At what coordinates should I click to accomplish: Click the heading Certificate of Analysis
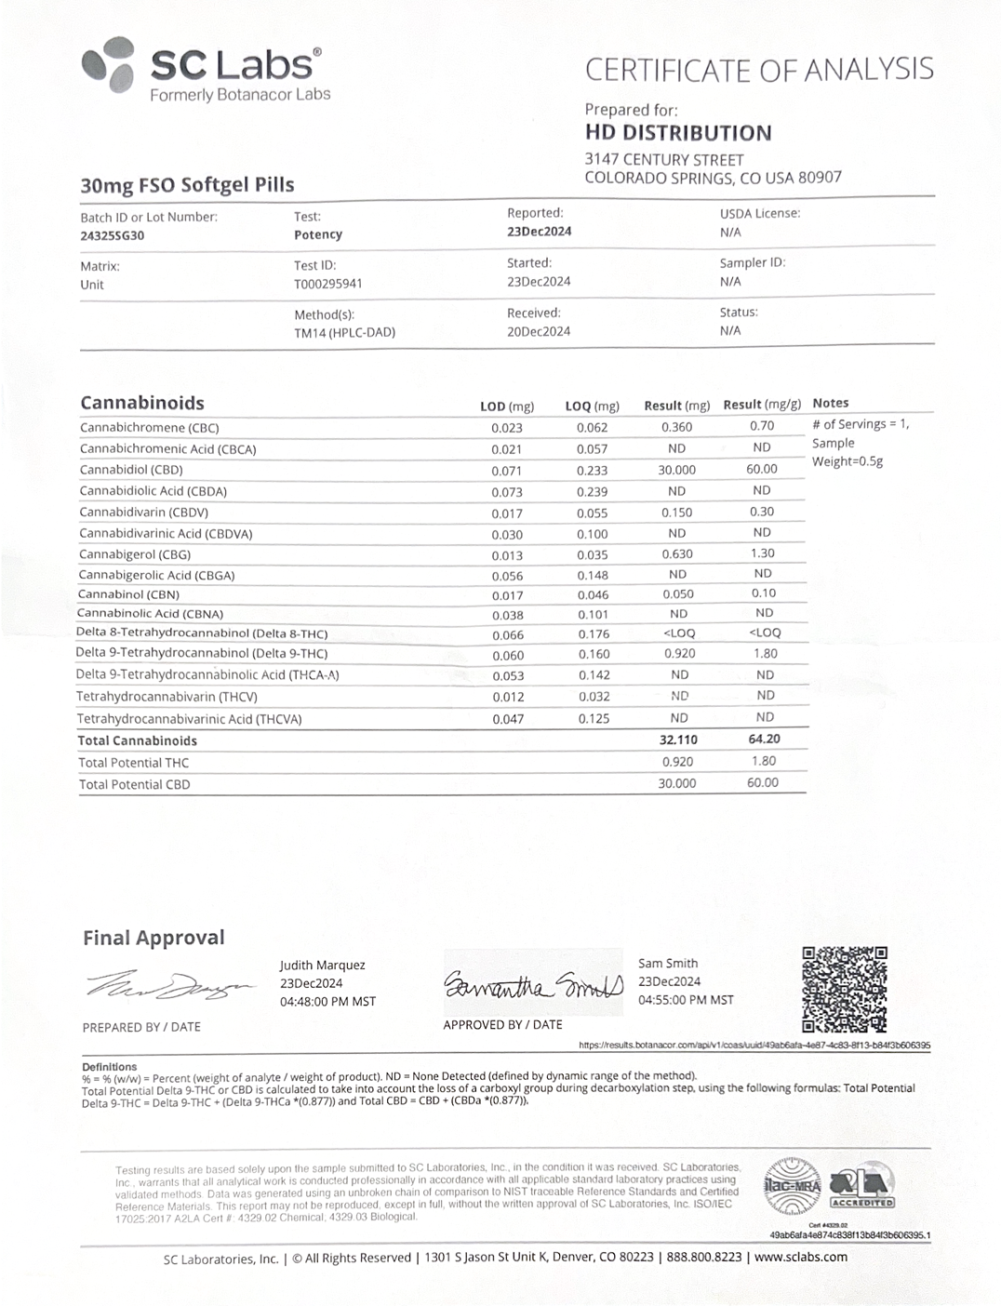click(x=758, y=70)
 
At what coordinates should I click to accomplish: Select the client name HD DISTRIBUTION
click(x=678, y=133)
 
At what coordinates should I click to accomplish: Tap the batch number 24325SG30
click(x=112, y=235)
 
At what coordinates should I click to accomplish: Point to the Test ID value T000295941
click(x=327, y=284)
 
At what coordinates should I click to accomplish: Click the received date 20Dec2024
click(x=539, y=331)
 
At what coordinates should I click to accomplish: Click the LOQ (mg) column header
click(x=592, y=406)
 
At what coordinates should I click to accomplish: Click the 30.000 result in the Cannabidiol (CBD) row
click(x=676, y=470)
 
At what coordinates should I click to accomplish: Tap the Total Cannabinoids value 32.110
click(x=677, y=740)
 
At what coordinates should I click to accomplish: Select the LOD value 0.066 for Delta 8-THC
click(x=508, y=634)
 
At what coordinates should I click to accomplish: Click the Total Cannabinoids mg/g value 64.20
click(x=763, y=739)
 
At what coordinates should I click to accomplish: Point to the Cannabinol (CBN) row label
click(x=128, y=594)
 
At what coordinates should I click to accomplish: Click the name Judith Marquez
click(x=322, y=966)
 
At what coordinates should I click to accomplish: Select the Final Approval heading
click(x=153, y=938)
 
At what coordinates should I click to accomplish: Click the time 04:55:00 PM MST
click(x=686, y=1000)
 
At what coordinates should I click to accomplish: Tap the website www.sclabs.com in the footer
click(x=800, y=1257)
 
